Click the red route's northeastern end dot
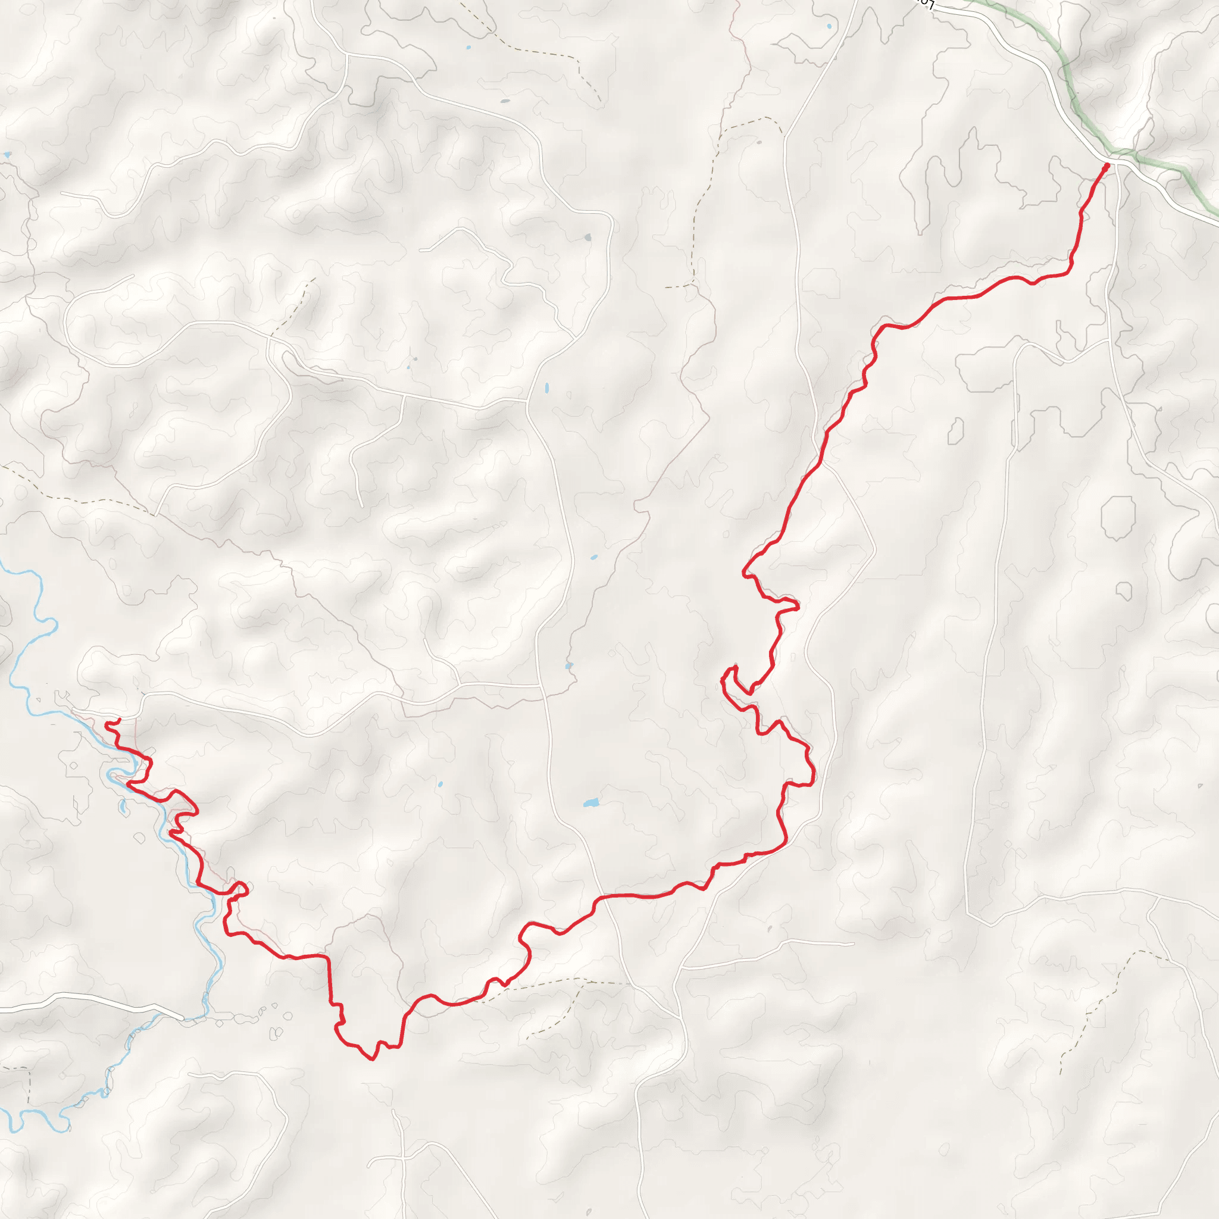[1106, 166]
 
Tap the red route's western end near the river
[118, 720]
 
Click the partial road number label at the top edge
[925, 4]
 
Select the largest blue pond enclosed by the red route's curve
[590, 803]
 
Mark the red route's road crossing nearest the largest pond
[602, 896]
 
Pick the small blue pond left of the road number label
[829, 27]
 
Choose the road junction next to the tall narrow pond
[527, 400]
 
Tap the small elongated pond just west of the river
[123, 806]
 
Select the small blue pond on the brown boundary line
[568, 665]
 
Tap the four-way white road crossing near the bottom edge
[402, 1157]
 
